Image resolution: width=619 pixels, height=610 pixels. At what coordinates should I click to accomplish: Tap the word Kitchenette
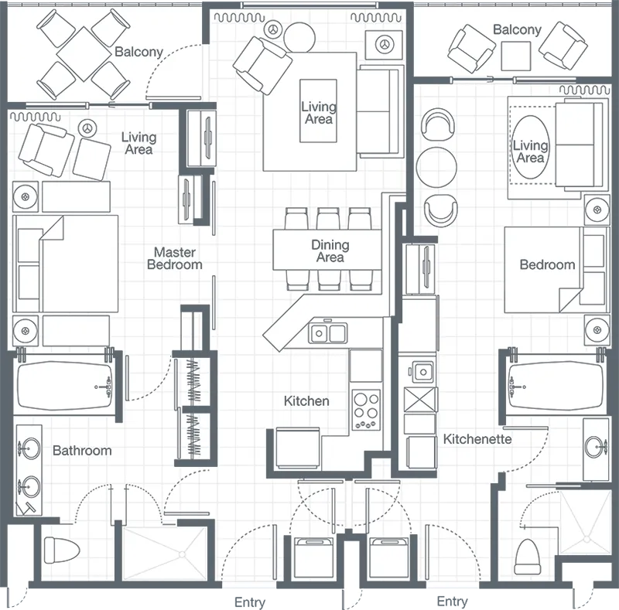pos(477,439)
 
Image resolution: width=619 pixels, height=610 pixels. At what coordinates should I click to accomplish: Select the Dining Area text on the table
pos(330,251)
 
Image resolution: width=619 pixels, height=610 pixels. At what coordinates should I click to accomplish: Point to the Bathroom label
pos(82,450)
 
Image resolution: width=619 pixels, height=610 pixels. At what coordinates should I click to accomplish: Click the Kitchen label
pos(306,400)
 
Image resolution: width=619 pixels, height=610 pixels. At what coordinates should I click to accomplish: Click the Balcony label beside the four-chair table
pos(139,53)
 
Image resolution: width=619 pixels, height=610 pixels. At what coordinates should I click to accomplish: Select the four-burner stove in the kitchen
pos(367,409)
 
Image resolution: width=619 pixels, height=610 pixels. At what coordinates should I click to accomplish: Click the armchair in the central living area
pos(263,62)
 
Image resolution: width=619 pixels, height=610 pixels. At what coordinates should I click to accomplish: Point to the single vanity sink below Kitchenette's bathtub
pos(597,445)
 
